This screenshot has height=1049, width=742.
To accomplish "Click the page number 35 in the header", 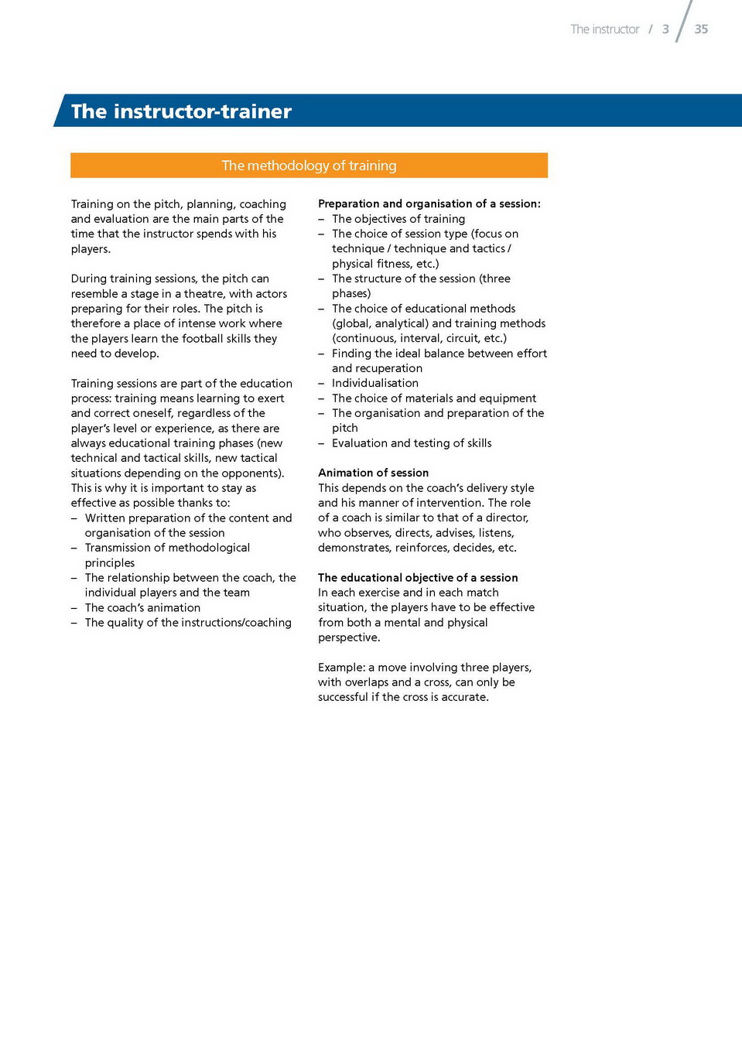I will [701, 29].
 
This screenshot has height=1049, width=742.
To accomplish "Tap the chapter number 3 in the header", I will [665, 29].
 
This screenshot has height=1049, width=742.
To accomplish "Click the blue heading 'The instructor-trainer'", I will [181, 111].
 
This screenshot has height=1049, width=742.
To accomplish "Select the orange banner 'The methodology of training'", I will [309, 166].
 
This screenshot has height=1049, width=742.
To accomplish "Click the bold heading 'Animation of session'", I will [373, 473].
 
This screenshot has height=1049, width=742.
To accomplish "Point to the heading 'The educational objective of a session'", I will [418, 578].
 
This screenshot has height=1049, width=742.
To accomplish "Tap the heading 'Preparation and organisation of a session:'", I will [429, 203].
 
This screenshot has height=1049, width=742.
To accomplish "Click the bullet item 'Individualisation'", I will [375, 383].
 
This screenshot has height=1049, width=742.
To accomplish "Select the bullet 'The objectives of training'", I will [398, 219].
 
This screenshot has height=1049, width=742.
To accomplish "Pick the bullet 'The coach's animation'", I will [142, 608].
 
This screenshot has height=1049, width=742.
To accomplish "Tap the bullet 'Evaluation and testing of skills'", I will [412, 443].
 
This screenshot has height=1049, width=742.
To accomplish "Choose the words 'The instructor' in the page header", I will [605, 29].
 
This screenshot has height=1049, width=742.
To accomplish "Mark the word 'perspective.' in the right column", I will [349, 637].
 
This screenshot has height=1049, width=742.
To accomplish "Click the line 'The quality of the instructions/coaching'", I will [188, 623].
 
